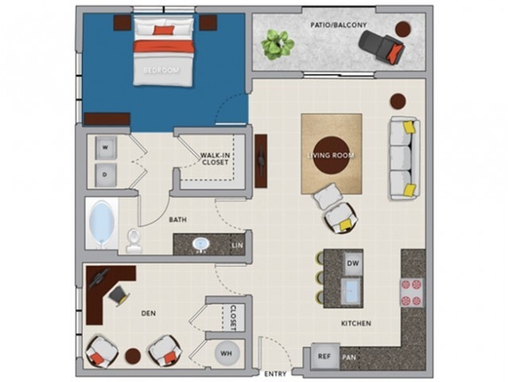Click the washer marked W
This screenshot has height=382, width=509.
pyautogui.click(x=106, y=148)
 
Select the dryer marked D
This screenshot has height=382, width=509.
pyautogui.click(x=106, y=175)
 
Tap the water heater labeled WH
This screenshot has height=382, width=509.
pyautogui.click(x=227, y=353)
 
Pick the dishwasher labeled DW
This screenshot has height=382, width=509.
pyautogui.click(x=353, y=263)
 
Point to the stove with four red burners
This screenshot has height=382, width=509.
pyautogui.click(x=412, y=292)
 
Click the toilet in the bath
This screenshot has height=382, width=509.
pyautogui.click(x=134, y=241)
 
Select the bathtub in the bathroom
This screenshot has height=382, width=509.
pyautogui.click(x=102, y=224)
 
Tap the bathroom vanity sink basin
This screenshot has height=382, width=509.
pyautogui.click(x=201, y=244)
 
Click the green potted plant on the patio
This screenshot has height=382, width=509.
pyautogui.click(x=278, y=45)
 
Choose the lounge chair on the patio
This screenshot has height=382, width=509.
pyautogui.click(x=383, y=47)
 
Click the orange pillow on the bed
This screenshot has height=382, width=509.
pyautogui.click(x=164, y=30)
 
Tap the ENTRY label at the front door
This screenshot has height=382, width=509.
pyautogui.click(x=275, y=374)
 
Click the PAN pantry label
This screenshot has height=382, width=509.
pyautogui.click(x=349, y=357)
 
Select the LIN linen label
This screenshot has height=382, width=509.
pyautogui.click(x=237, y=245)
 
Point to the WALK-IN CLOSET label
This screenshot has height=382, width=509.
pyautogui.click(x=215, y=158)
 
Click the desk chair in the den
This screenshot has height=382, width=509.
pyautogui.click(x=119, y=295)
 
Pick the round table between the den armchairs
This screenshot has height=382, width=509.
pyautogui.click(x=133, y=356)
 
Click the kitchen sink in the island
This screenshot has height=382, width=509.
pyautogui.click(x=352, y=290)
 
